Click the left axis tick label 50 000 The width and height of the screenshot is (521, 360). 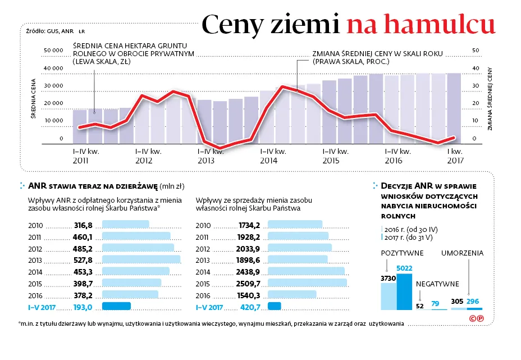coord(53,51)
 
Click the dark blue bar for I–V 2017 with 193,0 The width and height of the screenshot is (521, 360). coord(116,306)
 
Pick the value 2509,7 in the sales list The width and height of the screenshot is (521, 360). coord(249,283)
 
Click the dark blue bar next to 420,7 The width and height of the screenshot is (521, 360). coord(275,306)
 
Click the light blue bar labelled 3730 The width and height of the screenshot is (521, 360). coord(389,296)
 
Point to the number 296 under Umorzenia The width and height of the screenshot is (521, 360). coord(472,302)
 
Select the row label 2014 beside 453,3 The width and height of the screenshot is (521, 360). coord(36,271)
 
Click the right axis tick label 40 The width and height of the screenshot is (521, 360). coord(476,69)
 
